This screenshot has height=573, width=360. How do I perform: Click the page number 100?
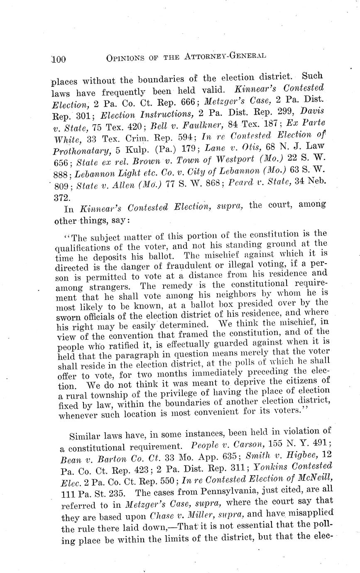[58, 59]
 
